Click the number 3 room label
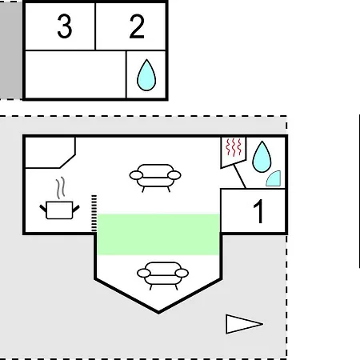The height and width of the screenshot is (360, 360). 65,26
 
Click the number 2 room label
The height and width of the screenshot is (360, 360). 137,26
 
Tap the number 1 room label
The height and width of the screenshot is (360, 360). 258,211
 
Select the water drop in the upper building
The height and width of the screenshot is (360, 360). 146,75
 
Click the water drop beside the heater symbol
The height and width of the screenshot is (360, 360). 262,157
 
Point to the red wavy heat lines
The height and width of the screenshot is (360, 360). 234,147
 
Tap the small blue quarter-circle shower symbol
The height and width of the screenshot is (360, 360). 274,178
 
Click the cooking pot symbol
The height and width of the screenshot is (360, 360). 59,210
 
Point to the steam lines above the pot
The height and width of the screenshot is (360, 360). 61,188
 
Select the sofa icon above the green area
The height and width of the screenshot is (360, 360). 155,178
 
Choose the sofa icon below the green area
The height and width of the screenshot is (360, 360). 162,276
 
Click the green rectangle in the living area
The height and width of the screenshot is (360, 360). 158,234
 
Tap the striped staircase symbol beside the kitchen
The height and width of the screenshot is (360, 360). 94,213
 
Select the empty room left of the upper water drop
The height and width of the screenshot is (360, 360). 75,74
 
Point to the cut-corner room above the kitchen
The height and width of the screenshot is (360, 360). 50,153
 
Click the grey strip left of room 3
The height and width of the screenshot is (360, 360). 11,50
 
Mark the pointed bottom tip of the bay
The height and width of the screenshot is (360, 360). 158,313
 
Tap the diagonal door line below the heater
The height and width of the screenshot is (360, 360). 240,176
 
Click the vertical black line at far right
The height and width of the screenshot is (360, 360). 359,191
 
